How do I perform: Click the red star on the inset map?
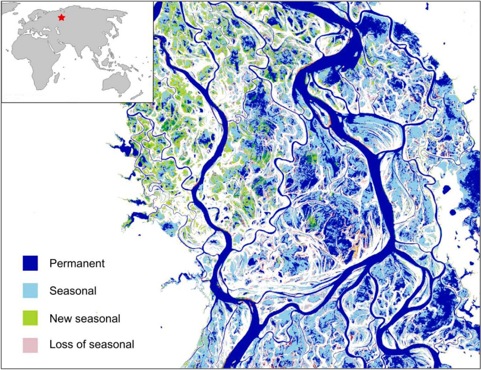(61, 17)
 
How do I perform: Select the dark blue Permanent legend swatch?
(30, 263)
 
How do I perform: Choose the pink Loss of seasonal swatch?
(30, 344)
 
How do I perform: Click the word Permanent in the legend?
(77, 263)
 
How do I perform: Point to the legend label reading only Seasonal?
(73, 291)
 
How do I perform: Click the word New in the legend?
(59, 318)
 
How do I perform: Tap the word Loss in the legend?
(59, 344)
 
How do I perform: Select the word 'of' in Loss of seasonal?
(79, 344)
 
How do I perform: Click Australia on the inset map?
(116, 82)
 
